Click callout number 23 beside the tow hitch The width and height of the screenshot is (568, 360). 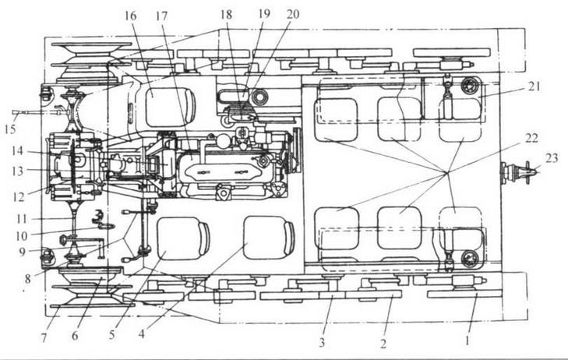click(x=552, y=158)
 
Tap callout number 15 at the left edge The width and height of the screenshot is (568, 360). click(x=10, y=129)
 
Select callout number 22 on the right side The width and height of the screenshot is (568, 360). click(x=531, y=139)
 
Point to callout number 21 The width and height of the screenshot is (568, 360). click(x=534, y=86)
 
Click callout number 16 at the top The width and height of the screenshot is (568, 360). click(x=130, y=16)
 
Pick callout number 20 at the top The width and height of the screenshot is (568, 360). click(x=293, y=14)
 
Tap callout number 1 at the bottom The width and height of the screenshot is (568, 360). click(x=467, y=340)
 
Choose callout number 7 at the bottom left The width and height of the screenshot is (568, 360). click(x=44, y=338)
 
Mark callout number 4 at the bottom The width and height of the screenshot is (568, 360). click(x=142, y=334)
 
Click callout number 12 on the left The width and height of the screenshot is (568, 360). click(x=18, y=196)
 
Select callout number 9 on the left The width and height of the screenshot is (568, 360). click(x=23, y=251)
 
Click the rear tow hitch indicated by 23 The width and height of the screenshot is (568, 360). click(x=519, y=170)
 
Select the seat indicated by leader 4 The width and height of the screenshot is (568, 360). click(x=269, y=238)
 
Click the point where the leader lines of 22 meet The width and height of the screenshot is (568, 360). click(x=447, y=172)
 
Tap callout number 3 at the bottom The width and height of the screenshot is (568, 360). click(x=322, y=342)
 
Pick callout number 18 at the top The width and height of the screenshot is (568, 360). click(x=226, y=15)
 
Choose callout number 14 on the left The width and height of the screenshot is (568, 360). click(x=17, y=150)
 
